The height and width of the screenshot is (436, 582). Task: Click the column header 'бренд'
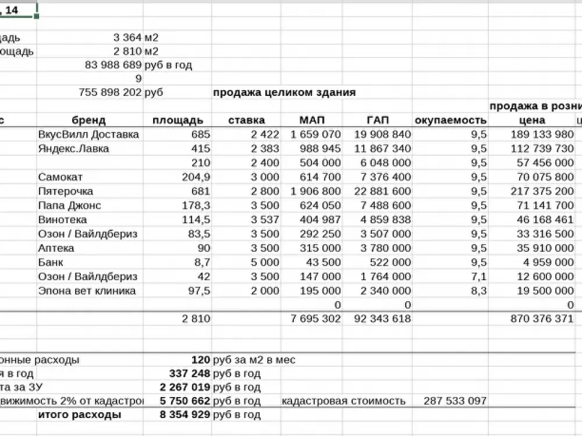click(89, 120)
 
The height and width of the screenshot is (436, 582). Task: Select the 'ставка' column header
click(246, 120)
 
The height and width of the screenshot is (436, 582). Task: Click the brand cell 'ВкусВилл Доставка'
click(88, 134)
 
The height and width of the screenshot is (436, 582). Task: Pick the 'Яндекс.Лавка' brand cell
click(73, 149)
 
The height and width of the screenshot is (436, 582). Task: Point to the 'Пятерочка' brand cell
click(65, 191)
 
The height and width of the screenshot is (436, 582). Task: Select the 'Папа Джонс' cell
click(69, 205)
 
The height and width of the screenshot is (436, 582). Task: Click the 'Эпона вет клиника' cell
click(87, 291)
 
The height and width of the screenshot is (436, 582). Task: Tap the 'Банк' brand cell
click(51, 262)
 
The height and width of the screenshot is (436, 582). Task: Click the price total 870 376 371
click(541, 319)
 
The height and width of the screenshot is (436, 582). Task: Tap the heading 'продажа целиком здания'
click(284, 92)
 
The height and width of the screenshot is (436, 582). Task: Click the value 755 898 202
click(110, 92)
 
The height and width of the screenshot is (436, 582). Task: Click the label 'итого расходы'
click(80, 414)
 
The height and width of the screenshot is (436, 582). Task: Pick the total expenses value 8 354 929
click(184, 414)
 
